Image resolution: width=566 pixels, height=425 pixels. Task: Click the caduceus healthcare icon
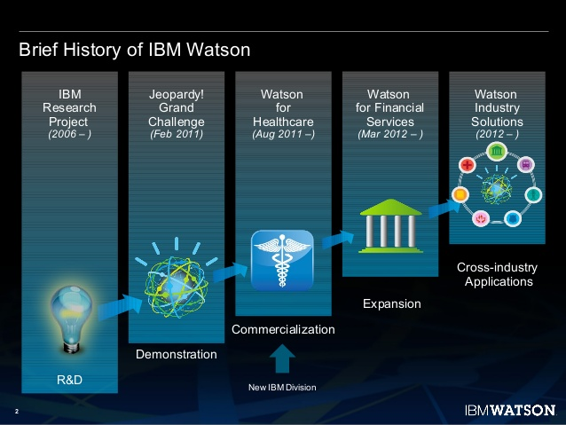(x=281, y=259)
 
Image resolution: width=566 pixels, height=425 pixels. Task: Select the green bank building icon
(x=388, y=227)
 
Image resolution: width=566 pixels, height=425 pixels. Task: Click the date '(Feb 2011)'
(x=177, y=135)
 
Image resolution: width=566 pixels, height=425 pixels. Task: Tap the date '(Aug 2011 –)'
(x=282, y=135)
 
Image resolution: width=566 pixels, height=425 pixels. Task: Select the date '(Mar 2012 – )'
(x=389, y=135)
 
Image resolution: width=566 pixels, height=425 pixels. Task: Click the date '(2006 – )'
(x=70, y=135)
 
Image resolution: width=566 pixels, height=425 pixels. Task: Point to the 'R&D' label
(x=70, y=381)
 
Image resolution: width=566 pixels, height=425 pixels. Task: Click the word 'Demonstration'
(x=176, y=354)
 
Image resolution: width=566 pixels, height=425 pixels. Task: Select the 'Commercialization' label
(x=283, y=329)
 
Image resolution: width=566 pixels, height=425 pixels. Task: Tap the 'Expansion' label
(x=391, y=303)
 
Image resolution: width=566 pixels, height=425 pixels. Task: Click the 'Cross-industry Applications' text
(x=495, y=274)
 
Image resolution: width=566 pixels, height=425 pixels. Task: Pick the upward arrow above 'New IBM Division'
(x=281, y=358)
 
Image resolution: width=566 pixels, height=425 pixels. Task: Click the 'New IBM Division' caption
(x=281, y=388)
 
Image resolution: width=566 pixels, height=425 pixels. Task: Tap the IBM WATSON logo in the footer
(x=509, y=411)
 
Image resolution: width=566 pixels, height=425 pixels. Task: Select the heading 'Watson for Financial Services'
(x=389, y=107)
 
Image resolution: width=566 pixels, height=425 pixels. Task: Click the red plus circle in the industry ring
(x=468, y=166)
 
